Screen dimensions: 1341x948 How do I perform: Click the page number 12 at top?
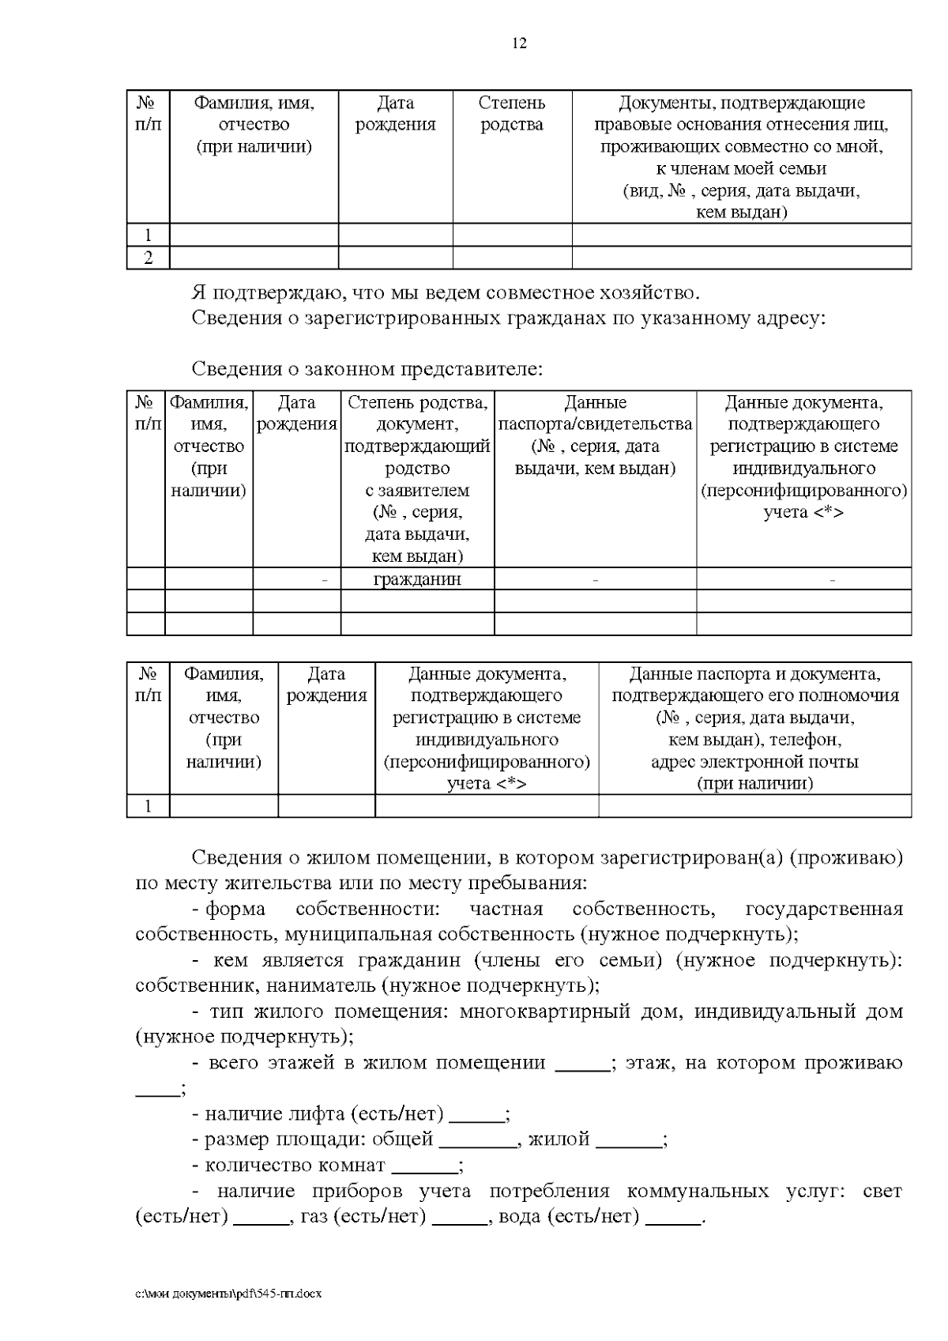(519, 43)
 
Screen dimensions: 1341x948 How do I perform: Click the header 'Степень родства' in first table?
(512, 114)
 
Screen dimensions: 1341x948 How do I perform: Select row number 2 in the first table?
(148, 258)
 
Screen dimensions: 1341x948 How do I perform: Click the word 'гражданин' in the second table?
(417, 579)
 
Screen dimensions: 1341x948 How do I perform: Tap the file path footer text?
(229, 1294)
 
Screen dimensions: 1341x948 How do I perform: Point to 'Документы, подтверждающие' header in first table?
(741, 103)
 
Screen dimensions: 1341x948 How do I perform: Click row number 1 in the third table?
(148, 806)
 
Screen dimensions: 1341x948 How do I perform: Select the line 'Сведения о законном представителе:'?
(367, 369)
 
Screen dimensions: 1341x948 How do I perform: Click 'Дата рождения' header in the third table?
(326, 685)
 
